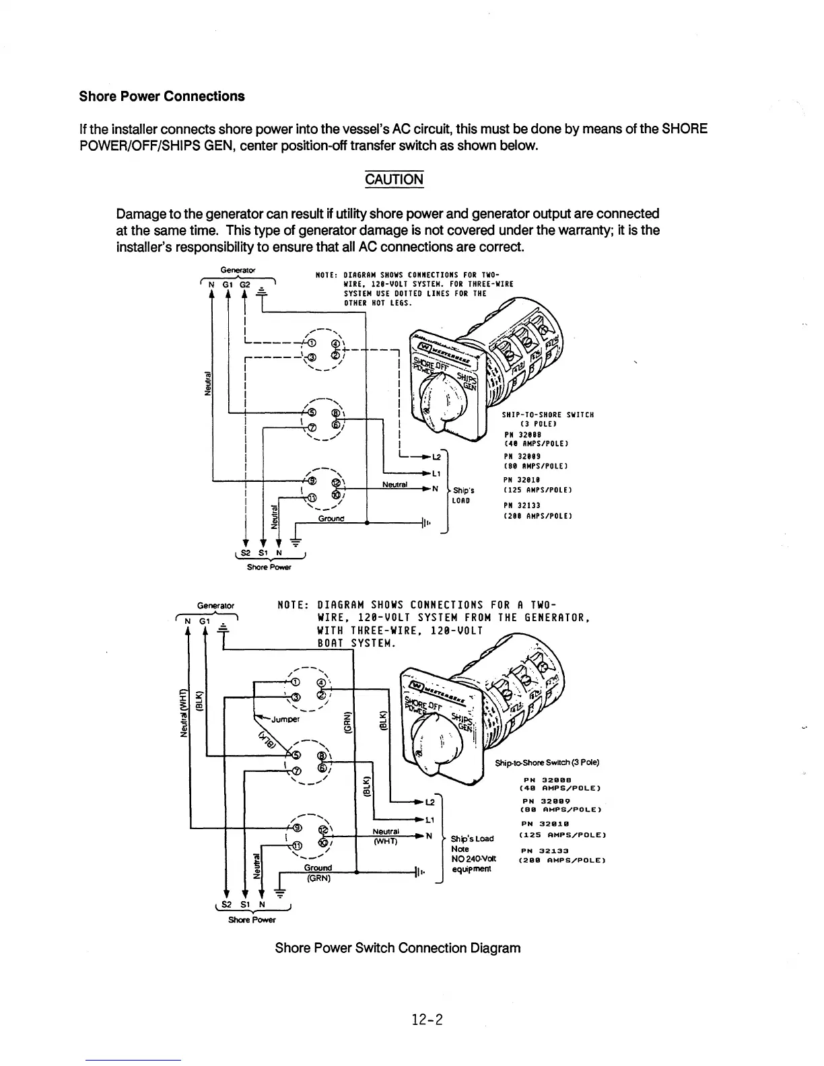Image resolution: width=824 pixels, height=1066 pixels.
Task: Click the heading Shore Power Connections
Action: pos(162,96)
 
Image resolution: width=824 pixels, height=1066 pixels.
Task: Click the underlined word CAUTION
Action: pos(394,180)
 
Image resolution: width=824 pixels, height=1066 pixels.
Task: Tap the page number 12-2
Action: pos(427,1020)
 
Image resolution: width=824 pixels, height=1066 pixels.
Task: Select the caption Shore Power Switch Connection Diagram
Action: pos(397,948)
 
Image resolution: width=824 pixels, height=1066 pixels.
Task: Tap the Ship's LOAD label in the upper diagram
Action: pos(462,495)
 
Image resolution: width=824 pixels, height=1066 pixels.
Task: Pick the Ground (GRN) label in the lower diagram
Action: pos(316,873)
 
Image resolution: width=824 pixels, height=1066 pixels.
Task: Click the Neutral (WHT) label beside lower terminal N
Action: pos(386,837)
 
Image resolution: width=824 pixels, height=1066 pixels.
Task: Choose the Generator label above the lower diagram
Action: pos(215,606)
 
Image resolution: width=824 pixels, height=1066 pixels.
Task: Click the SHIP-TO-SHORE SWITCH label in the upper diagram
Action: pos(547,415)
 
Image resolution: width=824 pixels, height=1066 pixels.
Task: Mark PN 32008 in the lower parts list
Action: pos(546,779)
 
